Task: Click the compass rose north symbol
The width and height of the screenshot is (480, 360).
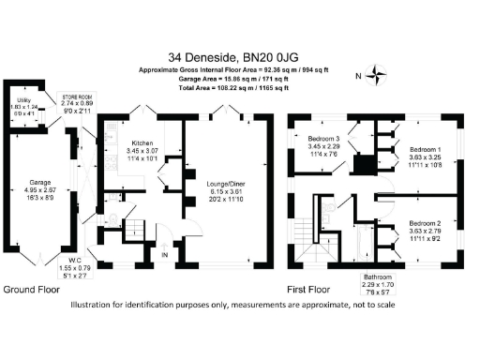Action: tap(378, 76)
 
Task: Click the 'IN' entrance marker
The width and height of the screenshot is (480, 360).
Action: tap(165, 254)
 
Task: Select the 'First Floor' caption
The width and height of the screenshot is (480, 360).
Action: tap(314, 290)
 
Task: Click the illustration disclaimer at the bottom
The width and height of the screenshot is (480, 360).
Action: tap(240, 305)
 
